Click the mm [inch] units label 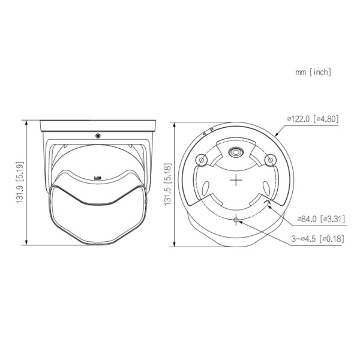tap(313, 73)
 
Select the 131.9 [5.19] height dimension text tap(20, 182)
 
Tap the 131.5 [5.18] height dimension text tap(168, 184)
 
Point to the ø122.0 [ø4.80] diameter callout tap(313, 119)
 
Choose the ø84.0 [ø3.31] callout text tap(321, 219)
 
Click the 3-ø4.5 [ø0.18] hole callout tap(318, 239)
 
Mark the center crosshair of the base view tap(236, 180)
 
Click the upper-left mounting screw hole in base tap(202, 160)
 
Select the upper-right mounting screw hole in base tap(271, 160)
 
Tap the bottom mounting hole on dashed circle tap(236, 220)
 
